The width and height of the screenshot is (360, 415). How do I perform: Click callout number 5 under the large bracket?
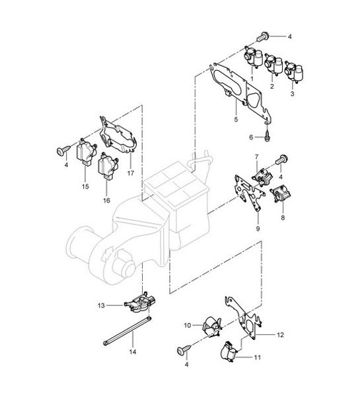[x=236, y=119]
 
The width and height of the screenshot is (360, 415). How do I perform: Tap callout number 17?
[x=131, y=173]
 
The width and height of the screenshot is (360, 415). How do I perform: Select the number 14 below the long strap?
[x=133, y=352]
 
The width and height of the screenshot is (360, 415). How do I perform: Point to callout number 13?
[x=101, y=305]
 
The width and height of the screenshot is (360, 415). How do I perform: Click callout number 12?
[x=280, y=335]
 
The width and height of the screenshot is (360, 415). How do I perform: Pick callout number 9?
[x=258, y=229]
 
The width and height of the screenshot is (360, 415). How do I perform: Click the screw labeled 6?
[x=267, y=135]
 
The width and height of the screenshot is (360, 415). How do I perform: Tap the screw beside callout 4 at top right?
[x=263, y=36]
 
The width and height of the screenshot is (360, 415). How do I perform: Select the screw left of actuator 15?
[x=63, y=150]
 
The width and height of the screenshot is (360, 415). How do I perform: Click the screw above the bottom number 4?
[x=184, y=350]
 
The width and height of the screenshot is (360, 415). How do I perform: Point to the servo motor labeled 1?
[x=252, y=56]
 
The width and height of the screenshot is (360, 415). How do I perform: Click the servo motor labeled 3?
[x=294, y=71]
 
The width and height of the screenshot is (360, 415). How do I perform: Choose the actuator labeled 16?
[x=108, y=166]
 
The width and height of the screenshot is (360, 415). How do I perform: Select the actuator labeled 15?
[x=87, y=153]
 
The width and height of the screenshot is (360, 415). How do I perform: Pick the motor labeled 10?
[x=212, y=326]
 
